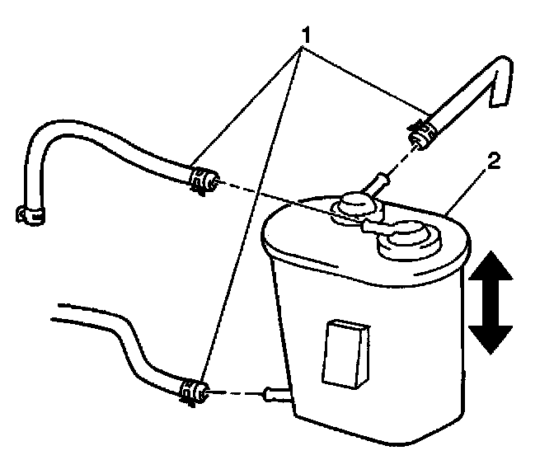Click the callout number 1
(x=307, y=37)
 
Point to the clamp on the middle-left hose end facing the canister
(x=200, y=178)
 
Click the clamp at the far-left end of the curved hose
(x=31, y=214)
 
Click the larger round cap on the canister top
(x=406, y=242)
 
